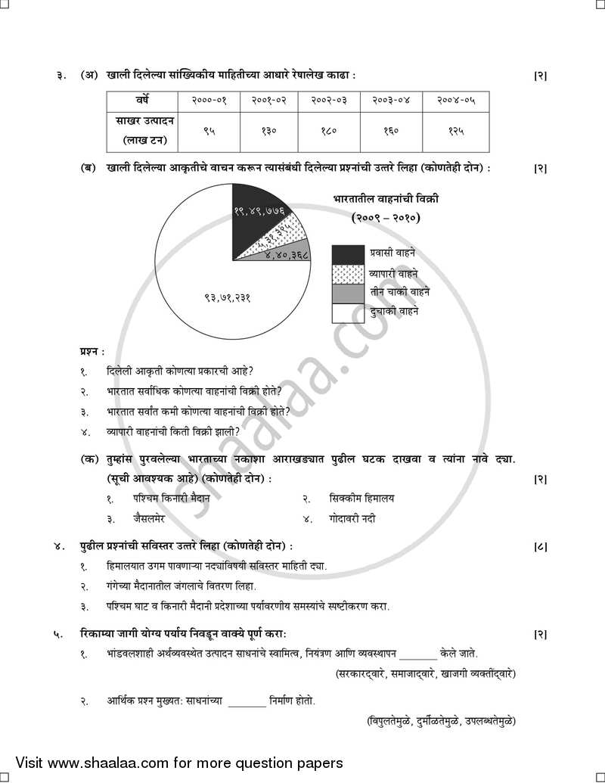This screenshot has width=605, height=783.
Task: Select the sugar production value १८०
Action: point(329,130)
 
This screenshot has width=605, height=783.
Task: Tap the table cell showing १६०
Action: point(390,130)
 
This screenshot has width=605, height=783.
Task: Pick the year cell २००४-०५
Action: point(455,101)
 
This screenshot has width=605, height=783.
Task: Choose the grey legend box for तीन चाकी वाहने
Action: point(346,293)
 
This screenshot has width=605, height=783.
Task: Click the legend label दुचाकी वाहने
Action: point(393,311)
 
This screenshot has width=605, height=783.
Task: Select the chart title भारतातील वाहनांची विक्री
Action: point(386,199)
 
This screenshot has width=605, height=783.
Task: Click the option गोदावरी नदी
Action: point(352,519)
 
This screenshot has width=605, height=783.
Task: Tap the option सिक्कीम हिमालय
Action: point(361,499)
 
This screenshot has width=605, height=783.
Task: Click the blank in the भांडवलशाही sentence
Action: point(418,654)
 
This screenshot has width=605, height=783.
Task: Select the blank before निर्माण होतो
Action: point(247,701)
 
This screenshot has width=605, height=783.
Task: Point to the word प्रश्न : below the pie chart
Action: point(92,352)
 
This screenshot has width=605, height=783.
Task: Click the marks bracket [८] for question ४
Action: point(540,545)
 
